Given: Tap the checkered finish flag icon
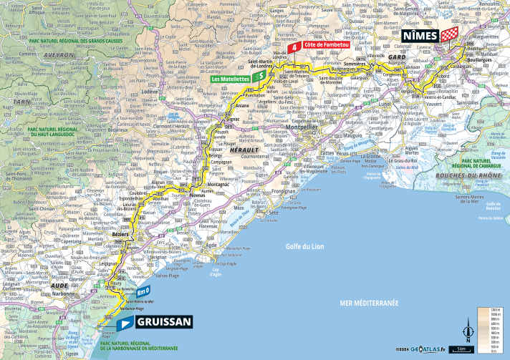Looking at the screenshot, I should pyautogui.click(x=451, y=34).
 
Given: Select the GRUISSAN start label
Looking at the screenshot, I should pyautogui.click(x=163, y=322).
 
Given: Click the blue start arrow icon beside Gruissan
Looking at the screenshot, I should pyautogui.click(x=125, y=323).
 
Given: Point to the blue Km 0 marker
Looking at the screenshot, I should pyautogui.click(x=143, y=291).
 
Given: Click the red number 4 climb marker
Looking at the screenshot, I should pyautogui.click(x=293, y=46).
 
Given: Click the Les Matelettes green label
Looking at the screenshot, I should pyautogui.click(x=231, y=79).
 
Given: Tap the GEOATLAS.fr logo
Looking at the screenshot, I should pyautogui.click(x=427, y=349).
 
